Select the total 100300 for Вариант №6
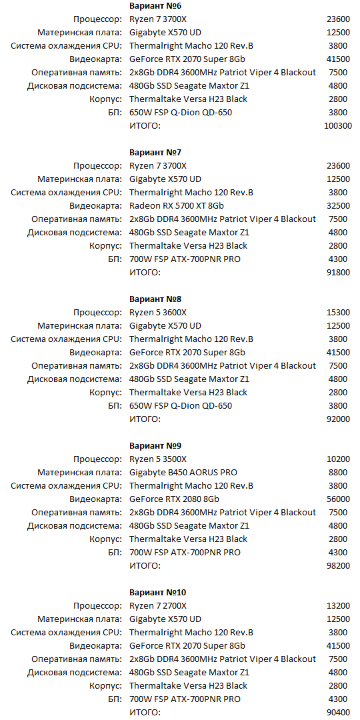tap(337, 126)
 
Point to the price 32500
tap(339, 206)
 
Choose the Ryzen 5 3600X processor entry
tap(158, 313)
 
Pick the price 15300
tap(339, 313)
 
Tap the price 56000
tap(339, 499)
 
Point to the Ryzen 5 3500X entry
tap(158, 459)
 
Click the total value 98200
tap(339, 566)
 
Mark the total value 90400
tap(339, 713)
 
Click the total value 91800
tap(339, 273)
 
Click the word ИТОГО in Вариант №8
tap(145, 419)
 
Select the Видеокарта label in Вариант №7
tap(95, 206)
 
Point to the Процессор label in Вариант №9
tap(97, 459)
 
